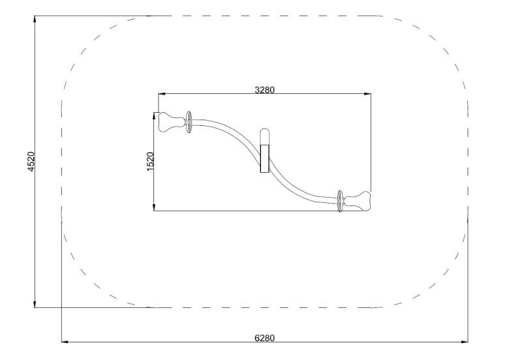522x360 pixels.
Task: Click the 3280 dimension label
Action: [x=265, y=90]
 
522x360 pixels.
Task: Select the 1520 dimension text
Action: [x=150, y=162]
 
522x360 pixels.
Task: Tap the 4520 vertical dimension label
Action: [x=31, y=162]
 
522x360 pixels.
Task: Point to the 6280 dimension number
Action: [x=265, y=338]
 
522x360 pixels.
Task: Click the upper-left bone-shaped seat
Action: [x=172, y=122]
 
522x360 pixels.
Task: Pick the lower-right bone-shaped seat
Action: [x=357, y=202]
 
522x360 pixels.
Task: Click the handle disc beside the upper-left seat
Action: [x=189, y=123]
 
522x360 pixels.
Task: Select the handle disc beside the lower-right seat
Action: [x=340, y=202]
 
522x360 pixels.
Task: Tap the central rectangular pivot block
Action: [x=265, y=158]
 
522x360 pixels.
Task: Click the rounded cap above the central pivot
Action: [x=265, y=136]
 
